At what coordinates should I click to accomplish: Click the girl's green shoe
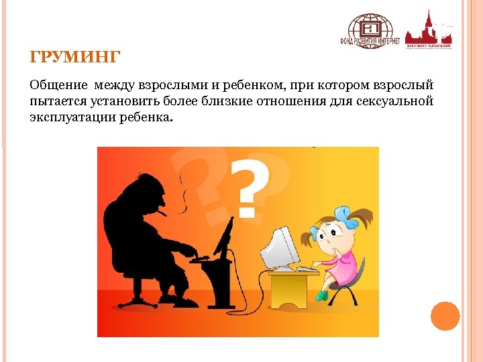click(x=322, y=295)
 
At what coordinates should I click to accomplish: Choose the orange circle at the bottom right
click(x=444, y=316)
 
